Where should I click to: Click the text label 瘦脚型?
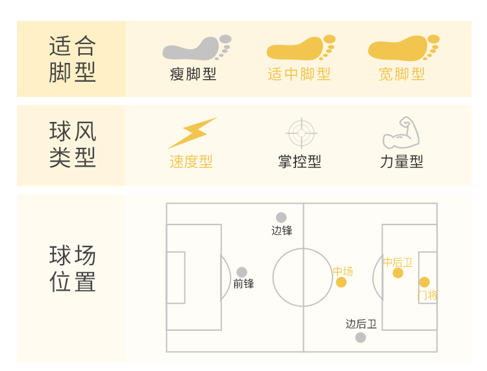tap(194, 74)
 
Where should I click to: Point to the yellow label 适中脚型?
tap(299, 74)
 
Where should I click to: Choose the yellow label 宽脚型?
tap(402, 74)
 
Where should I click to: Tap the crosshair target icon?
tap(301, 133)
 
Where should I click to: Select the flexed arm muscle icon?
tap(401, 133)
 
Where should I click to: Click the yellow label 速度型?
tap(191, 162)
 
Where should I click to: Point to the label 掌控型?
tap(299, 162)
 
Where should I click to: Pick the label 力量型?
tap(401, 162)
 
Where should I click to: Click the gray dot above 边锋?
tap(281, 217)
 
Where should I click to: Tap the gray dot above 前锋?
tap(242, 272)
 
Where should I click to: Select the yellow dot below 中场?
tap(341, 282)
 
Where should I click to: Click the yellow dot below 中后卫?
tap(398, 273)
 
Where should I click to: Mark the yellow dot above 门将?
tap(424, 282)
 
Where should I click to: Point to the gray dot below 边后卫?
tap(360, 337)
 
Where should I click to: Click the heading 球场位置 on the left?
tap(72, 269)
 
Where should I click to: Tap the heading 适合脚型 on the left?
tap(72, 59)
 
